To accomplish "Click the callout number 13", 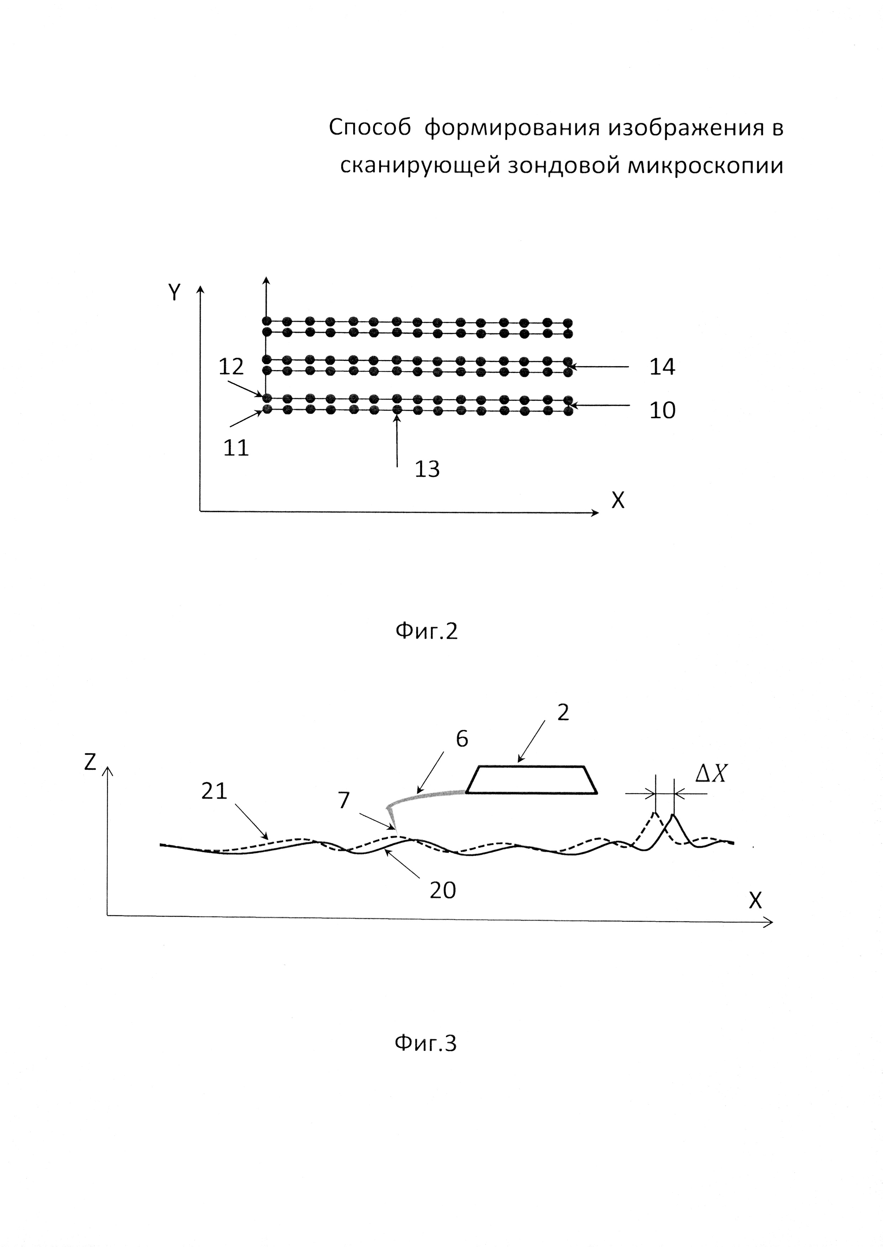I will click(427, 469).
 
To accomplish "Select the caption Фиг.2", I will click(426, 631).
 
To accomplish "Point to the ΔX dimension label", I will click(711, 775).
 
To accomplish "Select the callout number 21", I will click(214, 791).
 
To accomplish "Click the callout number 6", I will click(462, 739).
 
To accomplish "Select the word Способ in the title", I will click(370, 128).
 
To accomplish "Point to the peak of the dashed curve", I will click(655, 813).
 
